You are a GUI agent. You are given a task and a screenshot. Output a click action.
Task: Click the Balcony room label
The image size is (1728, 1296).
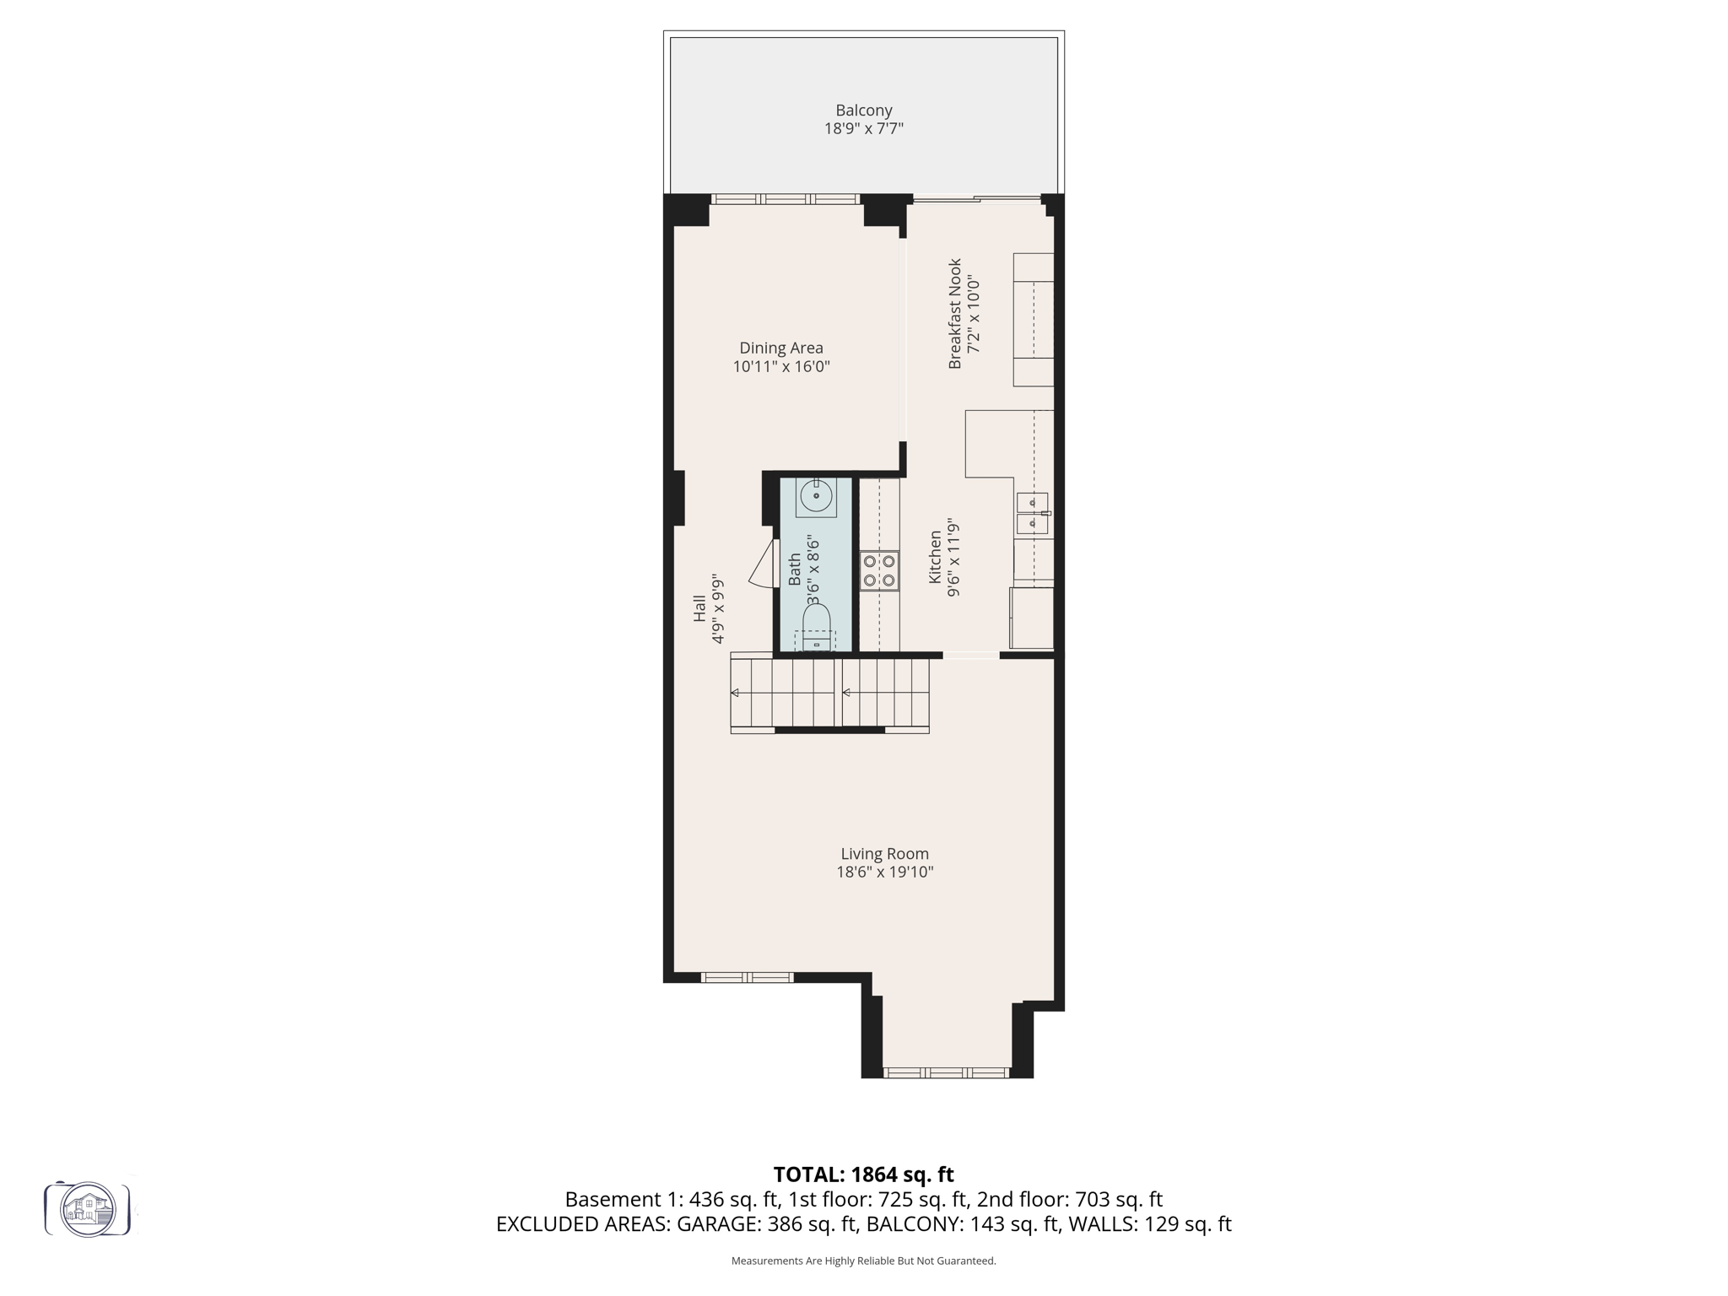tap(863, 111)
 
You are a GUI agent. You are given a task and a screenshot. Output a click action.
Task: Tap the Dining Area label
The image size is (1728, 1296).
tap(780, 348)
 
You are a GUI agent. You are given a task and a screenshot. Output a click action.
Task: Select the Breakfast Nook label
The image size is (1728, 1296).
tap(955, 313)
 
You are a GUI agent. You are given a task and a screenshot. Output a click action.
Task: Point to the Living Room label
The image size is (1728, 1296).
tap(884, 854)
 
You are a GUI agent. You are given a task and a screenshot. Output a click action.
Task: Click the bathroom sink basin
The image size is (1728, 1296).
tap(816, 496)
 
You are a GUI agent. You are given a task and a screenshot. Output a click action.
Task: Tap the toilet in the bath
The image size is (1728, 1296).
tap(816, 627)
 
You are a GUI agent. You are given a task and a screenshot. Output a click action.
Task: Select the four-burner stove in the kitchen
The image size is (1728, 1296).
tap(879, 570)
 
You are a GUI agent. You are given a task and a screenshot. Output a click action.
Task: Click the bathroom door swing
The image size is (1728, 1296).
tap(764, 565)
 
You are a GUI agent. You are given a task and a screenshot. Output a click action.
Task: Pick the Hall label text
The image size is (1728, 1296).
tap(699, 608)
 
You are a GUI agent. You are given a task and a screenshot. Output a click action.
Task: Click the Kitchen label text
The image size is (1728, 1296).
tap(935, 557)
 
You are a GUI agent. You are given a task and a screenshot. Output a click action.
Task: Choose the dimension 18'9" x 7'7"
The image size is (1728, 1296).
tap(863, 129)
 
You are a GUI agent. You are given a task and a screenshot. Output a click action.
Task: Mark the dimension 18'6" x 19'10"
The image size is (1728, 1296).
tap(884, 872)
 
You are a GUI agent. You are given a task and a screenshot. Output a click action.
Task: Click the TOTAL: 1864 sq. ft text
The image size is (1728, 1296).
tap(863, 1174)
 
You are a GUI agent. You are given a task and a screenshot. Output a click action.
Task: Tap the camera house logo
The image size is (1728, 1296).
tap(88, 1209)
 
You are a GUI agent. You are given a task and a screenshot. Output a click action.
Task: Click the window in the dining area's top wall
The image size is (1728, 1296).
tap(785, 199)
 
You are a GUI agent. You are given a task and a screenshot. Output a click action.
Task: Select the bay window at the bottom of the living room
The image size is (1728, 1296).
tap(946, 1073)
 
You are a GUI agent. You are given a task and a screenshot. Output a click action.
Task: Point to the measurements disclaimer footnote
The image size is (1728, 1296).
tap(863, 1261)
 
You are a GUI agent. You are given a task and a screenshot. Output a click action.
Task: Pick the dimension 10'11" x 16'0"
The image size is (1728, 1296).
tap(780, 367)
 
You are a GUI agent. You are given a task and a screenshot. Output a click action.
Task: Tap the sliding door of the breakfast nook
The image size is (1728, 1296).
tap(977, 199)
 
